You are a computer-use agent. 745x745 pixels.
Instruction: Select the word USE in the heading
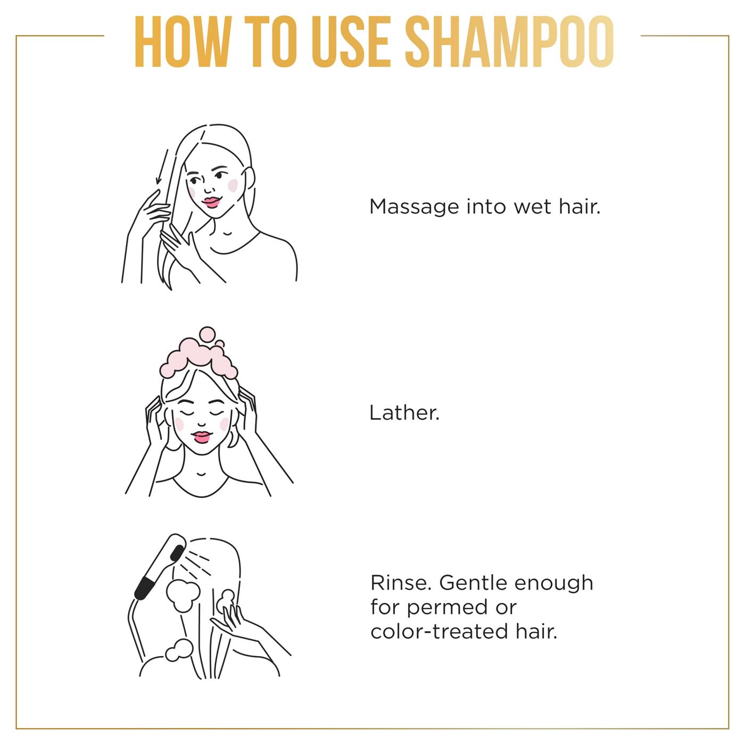click(x=351, y=42)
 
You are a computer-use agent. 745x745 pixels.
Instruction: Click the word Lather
click(x=404, y=413)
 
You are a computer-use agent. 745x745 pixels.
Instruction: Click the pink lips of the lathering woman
click(x=202, y=437)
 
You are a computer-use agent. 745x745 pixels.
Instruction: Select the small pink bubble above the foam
click(x=207, y=334)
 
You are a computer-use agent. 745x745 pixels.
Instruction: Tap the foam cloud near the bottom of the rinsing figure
click(x=179, y=650)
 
